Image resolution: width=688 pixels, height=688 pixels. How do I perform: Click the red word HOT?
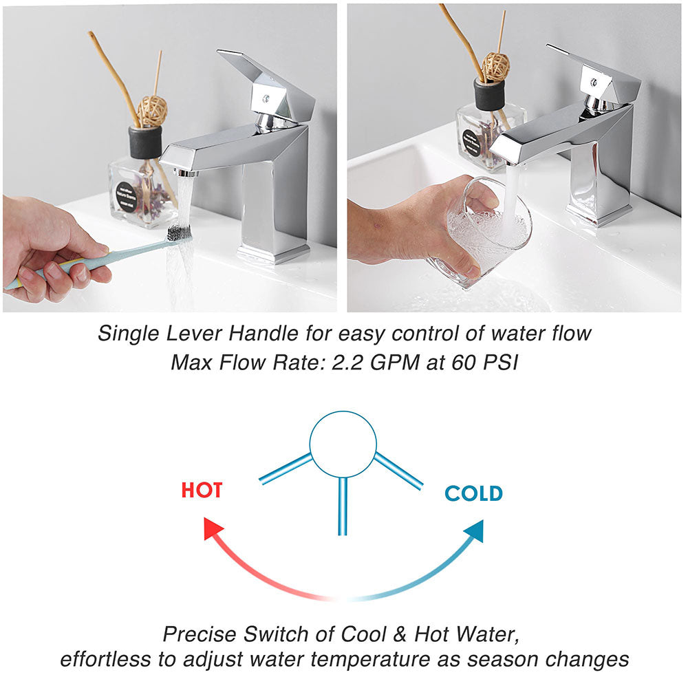202,490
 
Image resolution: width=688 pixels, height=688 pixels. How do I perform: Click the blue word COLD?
473,493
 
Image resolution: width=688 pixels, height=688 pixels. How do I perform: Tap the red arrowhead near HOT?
213,528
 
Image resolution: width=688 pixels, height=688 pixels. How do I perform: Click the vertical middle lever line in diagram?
343,506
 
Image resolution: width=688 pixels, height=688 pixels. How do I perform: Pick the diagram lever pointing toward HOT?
286,469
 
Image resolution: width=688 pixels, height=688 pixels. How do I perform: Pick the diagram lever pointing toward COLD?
398,471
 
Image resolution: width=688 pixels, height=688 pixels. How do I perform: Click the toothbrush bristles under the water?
179,233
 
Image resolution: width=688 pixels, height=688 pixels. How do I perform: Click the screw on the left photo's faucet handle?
266,98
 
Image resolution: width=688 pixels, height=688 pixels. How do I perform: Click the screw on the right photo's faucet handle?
594,82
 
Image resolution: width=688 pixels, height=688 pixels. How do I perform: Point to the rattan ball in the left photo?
152,111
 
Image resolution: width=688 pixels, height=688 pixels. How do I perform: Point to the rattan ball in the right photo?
496,67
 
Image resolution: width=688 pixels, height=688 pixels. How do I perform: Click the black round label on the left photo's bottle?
127,197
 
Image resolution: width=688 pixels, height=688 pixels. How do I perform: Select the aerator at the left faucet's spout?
186,173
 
